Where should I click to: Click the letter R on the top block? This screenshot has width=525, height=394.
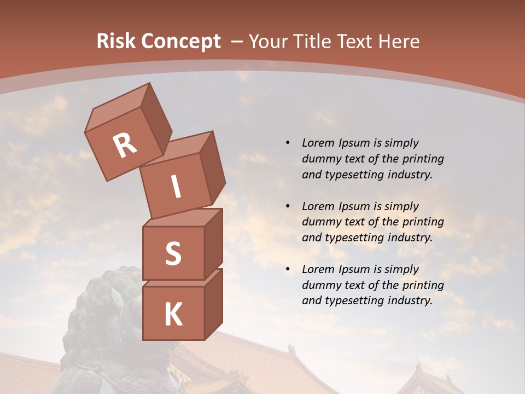click(125, 146)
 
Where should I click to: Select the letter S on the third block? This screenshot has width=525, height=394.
click(173, 253)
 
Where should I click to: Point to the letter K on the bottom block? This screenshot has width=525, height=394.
click(173, 315)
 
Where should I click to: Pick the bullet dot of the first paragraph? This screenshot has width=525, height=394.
click(288, 143)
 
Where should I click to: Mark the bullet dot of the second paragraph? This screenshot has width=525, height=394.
click(288, 206)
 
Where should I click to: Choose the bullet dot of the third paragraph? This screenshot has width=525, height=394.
click(288, 269)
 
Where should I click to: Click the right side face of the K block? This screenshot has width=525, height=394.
click(213, 304)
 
